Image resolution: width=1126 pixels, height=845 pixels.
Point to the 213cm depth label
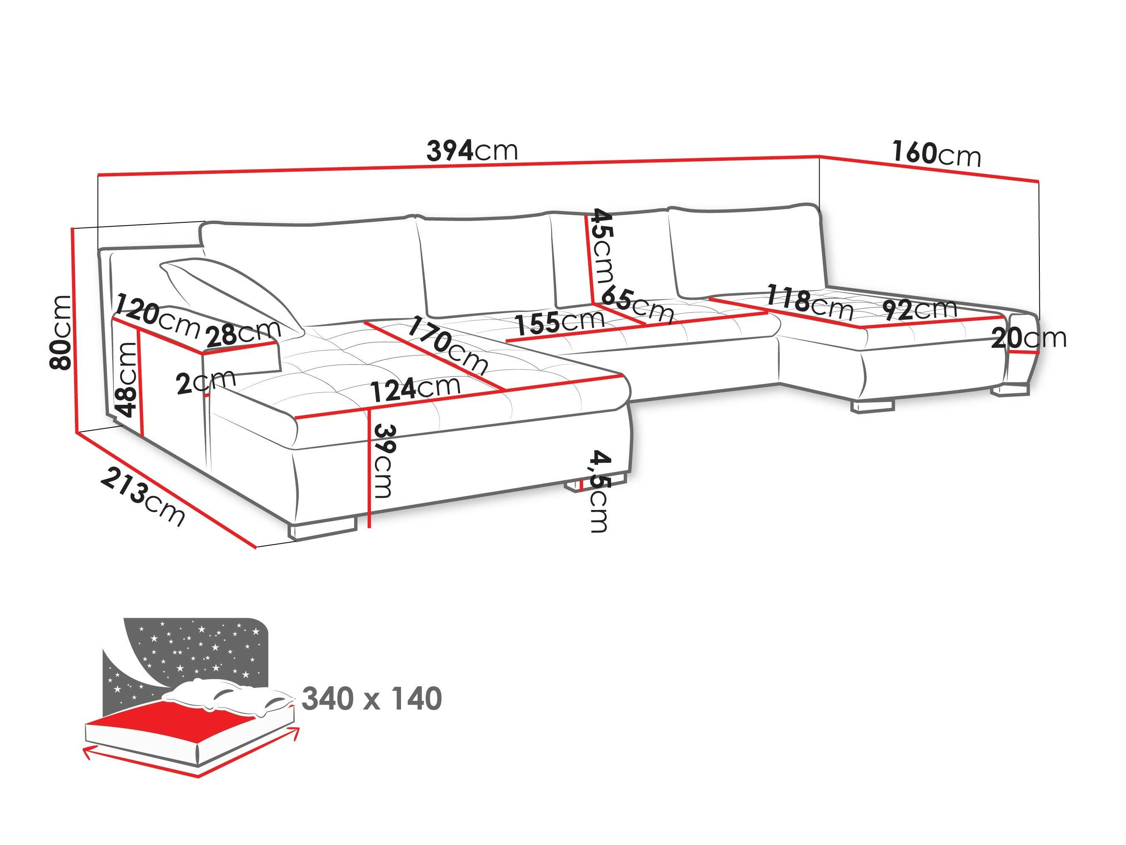click(143, 496)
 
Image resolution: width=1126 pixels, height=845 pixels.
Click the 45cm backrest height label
click(601, 247)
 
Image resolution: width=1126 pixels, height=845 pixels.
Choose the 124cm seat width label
click(415, 390)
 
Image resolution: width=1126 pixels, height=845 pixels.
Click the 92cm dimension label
click(919, 309)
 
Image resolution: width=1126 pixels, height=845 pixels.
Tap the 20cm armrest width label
click(1028, 338)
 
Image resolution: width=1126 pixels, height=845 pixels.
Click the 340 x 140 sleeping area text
click(372, 699)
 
